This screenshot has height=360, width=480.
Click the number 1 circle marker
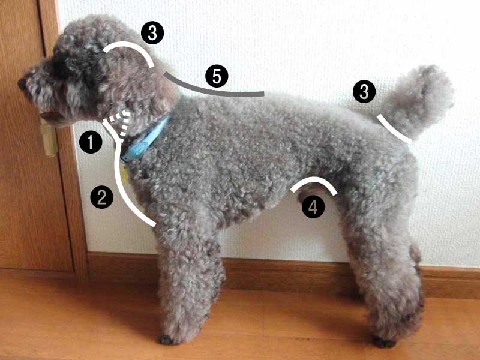[91, 142]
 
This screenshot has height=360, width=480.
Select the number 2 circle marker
[101, 197]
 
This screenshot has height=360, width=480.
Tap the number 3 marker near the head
[152, 33]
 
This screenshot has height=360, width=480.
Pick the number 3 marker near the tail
[364, 92]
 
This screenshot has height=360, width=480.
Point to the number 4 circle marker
[313, 207]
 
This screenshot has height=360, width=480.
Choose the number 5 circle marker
[217, 76]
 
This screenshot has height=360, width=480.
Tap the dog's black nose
[22, 83]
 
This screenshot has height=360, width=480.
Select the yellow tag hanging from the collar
[125, 175]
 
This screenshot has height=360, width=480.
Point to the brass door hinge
[49, 139]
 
